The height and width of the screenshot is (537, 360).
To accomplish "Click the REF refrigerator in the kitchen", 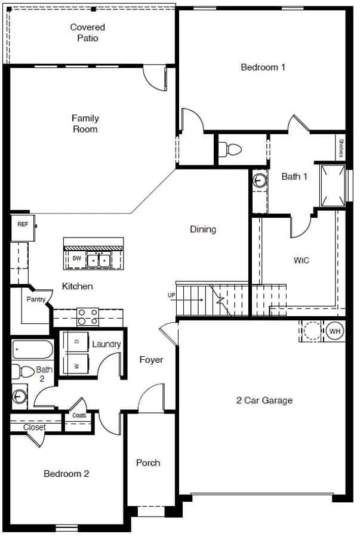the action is point(23,228).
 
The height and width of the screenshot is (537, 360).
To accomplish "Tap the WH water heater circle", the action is point(335,331).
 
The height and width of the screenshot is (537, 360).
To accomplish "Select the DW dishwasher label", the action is point(77,258).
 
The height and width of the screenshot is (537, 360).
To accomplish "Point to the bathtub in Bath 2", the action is point(33,349).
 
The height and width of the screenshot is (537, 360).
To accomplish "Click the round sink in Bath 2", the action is point(20,397).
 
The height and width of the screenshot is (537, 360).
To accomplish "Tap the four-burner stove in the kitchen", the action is point(88,317).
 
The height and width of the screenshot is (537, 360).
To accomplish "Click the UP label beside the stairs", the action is point(171,295).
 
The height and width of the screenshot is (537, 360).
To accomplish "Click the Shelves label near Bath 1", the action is point(341,147).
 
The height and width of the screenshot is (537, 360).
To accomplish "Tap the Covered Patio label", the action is point(88,33).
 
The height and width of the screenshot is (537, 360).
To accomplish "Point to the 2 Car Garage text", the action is point(264,400).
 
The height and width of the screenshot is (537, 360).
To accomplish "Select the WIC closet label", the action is point(301,260).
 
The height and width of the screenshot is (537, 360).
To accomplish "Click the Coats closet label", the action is point(79,415).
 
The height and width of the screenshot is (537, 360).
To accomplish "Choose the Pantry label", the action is point(36,299).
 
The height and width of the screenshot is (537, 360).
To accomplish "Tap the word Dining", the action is point(203,229).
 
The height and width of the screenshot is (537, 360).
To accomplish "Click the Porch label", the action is point(148,462).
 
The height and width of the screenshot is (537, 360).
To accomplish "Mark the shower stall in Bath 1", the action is point(333,186).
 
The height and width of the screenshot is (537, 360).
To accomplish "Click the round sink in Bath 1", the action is point(260,180).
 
